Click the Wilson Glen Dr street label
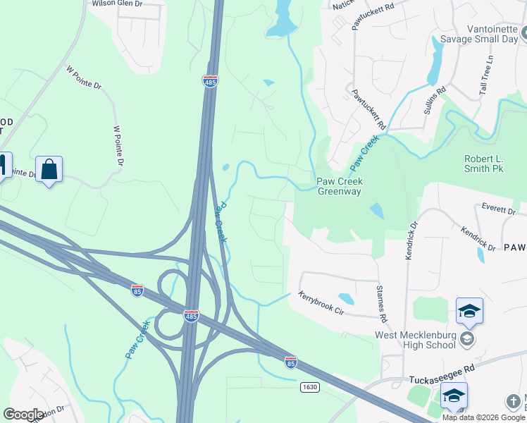click(x=117, y=4)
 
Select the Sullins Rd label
click(x=435, y=99)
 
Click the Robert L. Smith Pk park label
click(x=483, y=164)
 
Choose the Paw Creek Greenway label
click(x=339, y=186)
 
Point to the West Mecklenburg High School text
click(x=415, y=340)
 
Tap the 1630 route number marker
click(x=309, y=387)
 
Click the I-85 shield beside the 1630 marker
click(x=290, y=362)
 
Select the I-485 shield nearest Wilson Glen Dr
click(x=210, y=81)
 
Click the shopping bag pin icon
click(x=49, y=170)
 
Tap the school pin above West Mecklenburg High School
click(x=469, y=311)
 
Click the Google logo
click(x=23, y=415)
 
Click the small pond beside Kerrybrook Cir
click(x=345, y=298)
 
